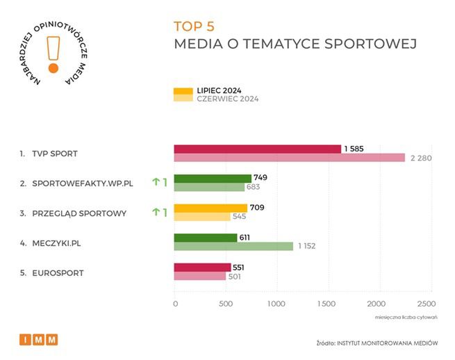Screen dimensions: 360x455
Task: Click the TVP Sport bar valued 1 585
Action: tap(257, 149)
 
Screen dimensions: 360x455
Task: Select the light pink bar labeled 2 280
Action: tap(289, 158)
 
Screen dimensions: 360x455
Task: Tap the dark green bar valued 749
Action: tap(213, 178)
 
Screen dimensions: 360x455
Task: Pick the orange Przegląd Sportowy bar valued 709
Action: tap(210, 208)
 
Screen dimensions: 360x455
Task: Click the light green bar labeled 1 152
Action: tap(233, 246)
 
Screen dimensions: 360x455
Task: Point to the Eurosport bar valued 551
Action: tap(202, 268)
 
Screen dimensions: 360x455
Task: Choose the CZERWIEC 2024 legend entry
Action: tap(216, 99)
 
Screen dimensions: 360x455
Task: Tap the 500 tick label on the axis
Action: tap(226, 304)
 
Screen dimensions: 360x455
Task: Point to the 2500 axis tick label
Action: tap(426, 304)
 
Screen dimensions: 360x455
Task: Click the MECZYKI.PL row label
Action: tap(60, 243)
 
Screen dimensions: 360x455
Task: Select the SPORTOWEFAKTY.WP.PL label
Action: tap(82, 183)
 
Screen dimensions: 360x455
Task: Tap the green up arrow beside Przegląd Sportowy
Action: tap(156, 212)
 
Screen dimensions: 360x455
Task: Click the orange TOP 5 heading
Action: tap(194, 26)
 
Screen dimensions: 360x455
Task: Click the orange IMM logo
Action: tap(38, 339)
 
